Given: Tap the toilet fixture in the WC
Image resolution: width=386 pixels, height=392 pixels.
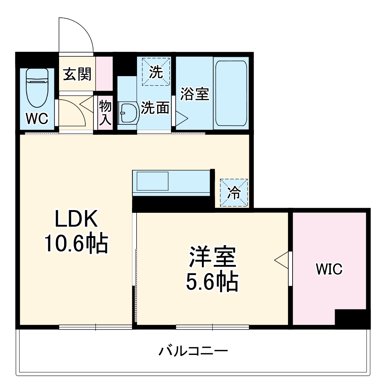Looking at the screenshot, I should tap(37, 88).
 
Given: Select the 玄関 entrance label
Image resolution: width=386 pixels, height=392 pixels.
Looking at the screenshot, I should tap(77, 74).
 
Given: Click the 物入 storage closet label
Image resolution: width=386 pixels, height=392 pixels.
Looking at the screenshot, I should tap(105, 112).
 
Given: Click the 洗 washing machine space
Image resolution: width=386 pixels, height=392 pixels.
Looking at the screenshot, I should tap(156, 71).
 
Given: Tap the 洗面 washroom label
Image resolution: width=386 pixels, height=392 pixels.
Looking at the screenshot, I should tap(155, 108).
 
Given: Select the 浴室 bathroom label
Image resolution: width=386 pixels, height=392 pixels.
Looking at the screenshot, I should tap(195, 94).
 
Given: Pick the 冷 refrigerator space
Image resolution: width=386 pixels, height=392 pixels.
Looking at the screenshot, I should tap(234, 192).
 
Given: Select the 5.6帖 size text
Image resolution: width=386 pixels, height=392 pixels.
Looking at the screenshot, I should tap(212, 282).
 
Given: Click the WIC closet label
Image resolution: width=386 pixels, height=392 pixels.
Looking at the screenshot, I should tap(329, 269).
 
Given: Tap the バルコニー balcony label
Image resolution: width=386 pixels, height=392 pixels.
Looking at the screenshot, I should tap(193, 351).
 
